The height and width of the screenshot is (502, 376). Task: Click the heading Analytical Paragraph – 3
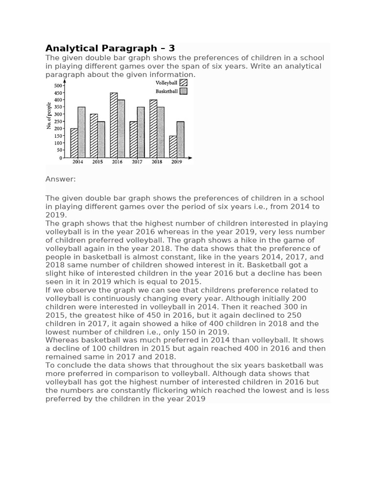pyautogui.click(x=110, y=48)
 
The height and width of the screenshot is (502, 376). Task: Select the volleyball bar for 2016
pyautogui.click(x=114, y=125)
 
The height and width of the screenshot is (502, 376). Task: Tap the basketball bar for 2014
pyautogui.click(x=81, y=132)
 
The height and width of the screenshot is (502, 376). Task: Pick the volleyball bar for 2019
pyautogui.click(x=173, y=147)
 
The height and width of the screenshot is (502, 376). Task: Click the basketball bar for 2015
pyautogui.click(x=101, y=140)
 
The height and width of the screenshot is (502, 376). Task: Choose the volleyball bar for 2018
pyautogui.click(x=153, y=128)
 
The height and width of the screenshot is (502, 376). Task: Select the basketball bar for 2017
pyautogui.click(x=141, y=132)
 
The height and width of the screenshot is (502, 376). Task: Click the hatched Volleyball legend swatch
pyautogui.click(x=184, y=83)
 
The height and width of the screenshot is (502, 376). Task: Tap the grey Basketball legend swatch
pyautogui.click(x=184, y=91)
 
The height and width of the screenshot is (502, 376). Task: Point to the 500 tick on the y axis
pyautogui.click(x=58, y=86)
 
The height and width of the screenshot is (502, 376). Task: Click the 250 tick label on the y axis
pyautogui.click(x=58, y=122)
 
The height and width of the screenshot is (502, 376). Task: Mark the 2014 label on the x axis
pyautogui.click(x=78, y=162)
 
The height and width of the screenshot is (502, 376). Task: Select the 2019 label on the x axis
pyautogui.click(x=176, y=162)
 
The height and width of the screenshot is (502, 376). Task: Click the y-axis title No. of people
pyautogui.click(x=49, y=116)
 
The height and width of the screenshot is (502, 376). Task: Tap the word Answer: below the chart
pyautogui.click(x=61, y=179)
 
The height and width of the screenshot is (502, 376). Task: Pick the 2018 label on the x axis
pyautogui.click(x=157, y=162)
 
